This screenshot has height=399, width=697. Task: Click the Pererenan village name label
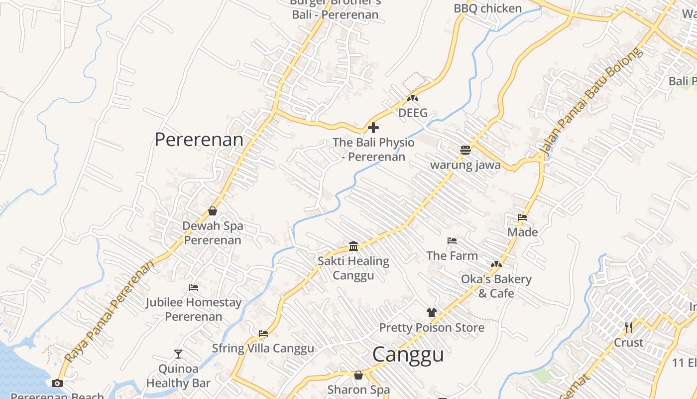click(x=199, y=140)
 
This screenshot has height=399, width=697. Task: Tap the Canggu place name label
click(x=408, y=355)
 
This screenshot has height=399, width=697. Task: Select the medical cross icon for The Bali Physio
click(x=373, y=128)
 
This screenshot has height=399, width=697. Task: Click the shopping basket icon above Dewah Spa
click(x=213, y=211)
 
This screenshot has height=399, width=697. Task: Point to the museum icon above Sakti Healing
click(x=353, y=246)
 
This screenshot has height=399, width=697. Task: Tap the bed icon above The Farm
click(x=452, y=241)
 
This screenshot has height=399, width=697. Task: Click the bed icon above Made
click(x=522, y=217)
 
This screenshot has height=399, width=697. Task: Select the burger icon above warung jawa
click(x=465, y=150)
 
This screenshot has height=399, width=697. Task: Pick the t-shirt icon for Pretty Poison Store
click(x=432, y=313)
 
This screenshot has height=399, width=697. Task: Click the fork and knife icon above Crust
click(x=629, y=328)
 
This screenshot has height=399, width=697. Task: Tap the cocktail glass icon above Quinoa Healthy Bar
click(x=178, y=354)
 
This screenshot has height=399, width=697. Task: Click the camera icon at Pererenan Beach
click(x=57, y=383)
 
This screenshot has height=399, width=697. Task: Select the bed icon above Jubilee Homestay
click(x=194, y=288)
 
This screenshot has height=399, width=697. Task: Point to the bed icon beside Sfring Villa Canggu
click(x=263, y=334)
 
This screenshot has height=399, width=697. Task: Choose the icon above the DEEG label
click(x=413, y=98)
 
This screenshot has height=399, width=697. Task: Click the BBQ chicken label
click(x=487, y=8)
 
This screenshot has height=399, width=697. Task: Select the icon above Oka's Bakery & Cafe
click(x=496, y=264)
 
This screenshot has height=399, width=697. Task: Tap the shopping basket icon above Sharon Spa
click(x=358, y=375)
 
